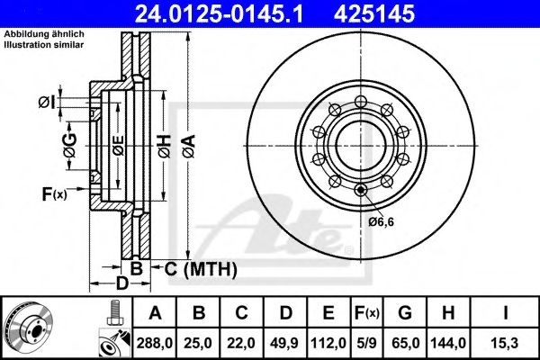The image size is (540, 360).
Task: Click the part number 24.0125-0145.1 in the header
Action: pyautogui.click(x=219, y=13)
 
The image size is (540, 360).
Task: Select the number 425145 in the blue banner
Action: pyautogui.click(x=374, y=13)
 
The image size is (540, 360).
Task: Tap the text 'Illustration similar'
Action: pyautogui.click(x=44, y=45)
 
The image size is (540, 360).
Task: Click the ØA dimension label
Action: pyautogui.click(x=189, y=146)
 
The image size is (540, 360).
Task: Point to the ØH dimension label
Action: pyautogui.click(x=165, y=146)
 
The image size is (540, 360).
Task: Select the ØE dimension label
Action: pyautogui.click(x=119, y=146)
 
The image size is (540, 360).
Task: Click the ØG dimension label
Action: pyautogui.click(x=70, y=146)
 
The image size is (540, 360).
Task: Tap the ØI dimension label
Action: pyautogui.click(x=47, y=103)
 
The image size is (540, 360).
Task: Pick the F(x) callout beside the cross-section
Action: pyautogui.click(x=54, y=193)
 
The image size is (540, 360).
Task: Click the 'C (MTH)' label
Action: pyautogui.click(x=201, y=269)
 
